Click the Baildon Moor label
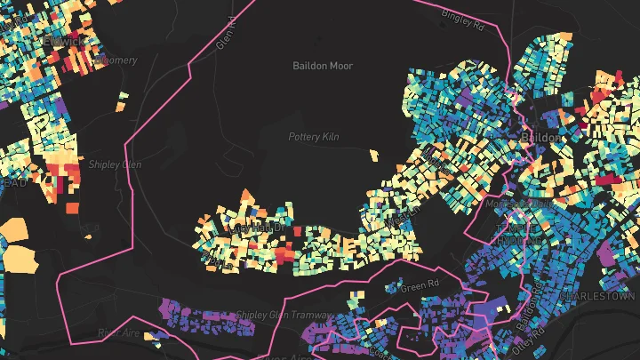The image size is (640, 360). [x=324, y=66]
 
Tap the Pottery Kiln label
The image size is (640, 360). [x=315, y=137]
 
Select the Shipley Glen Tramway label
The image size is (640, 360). [x=284, y=316]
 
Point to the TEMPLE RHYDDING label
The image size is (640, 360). [x=515, y=234]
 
